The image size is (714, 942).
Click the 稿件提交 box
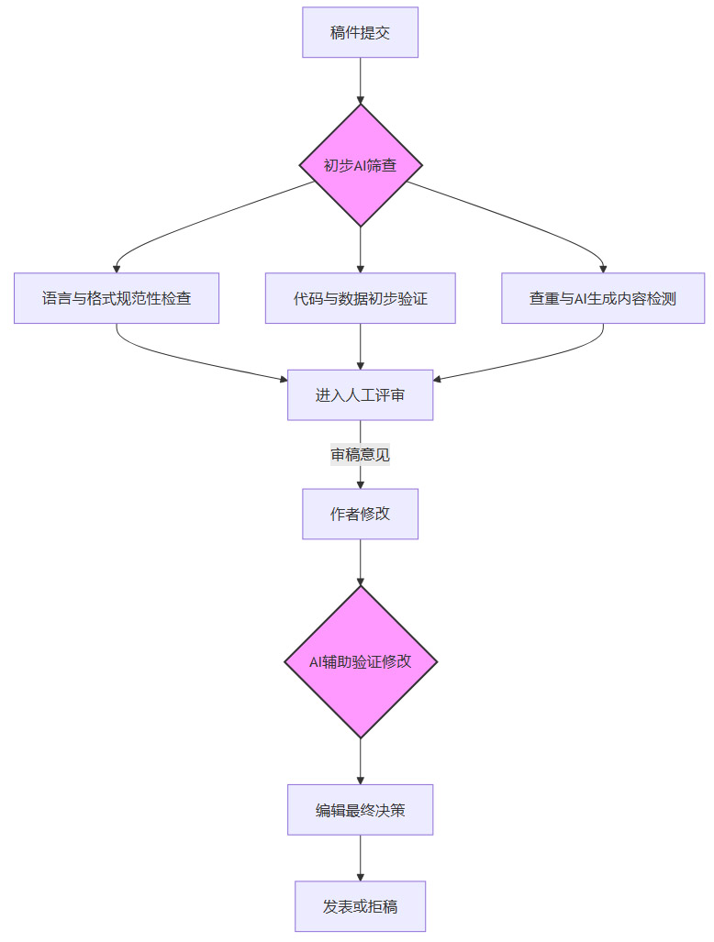click(x=360, y=32)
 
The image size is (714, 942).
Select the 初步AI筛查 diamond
click(x=360, y=165)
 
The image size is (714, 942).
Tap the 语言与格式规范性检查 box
click(x=117, y=298)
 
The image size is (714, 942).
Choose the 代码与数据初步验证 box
click(x=360, y=298)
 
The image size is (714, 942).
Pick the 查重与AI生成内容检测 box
click(x=603, y=298)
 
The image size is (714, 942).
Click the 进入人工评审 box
click(x=360, y=394)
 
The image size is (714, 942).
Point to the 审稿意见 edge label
click(x=360, y=454)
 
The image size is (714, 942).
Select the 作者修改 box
click(x=360, y=514)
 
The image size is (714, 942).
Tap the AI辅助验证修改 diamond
click(x=360, y=661)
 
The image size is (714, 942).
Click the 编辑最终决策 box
click(x=360, y=809)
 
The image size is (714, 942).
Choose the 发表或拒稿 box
click(x=360, y=906)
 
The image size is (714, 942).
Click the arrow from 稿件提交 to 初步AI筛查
click(x=360, y=81)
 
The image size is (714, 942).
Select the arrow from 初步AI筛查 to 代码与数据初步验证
click(x=360, y=249)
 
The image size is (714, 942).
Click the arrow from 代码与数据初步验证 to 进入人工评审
click(x=360, y=346)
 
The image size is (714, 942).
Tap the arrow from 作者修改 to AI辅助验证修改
click(x=360, y=561)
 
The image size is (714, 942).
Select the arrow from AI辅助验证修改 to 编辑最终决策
click(x=360, y=761)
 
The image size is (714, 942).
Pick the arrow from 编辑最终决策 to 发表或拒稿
click(x=360, y=858)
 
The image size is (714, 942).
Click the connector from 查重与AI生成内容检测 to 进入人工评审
click(x=541, y=360)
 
